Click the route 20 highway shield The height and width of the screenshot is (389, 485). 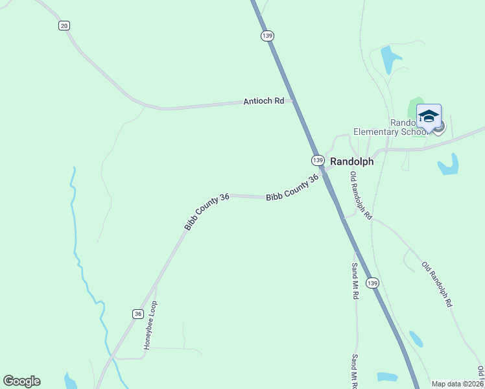pyautogui.click(x=64, y=25)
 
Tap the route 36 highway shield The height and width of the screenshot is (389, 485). pyautogui.click(x=137, y=313)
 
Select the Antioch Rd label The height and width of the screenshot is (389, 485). pyautogui.click(x=264, y=101)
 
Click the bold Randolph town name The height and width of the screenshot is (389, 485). pyautogui.click(x=352, y=162)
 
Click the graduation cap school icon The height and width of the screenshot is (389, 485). pyautogui.click(x=429, y=117)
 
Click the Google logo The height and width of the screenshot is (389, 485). pyautogui.click(x=21, y=381)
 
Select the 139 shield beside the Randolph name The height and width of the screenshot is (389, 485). pyautogui.click(x=317, y=159)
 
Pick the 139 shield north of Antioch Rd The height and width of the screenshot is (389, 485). pyautogui.click(x=267, y=36)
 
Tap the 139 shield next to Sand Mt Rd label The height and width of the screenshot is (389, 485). pyautogui.click(x=372, y=283)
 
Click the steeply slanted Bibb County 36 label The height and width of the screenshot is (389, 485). pyautogui.click(x=207, y=212)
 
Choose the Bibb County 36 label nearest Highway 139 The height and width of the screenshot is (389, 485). pyautogui.click(x=292, y=187)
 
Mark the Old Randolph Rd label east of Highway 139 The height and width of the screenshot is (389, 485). pyautogui.click(x=436, y=284)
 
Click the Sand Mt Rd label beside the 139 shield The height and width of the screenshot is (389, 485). pyautogui.click(x=355, y=280)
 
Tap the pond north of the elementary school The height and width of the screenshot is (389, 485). pyautogui.click(x=388, y=60)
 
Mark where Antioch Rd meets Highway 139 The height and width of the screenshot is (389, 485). pyautogui.click(x=294, y=100)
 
